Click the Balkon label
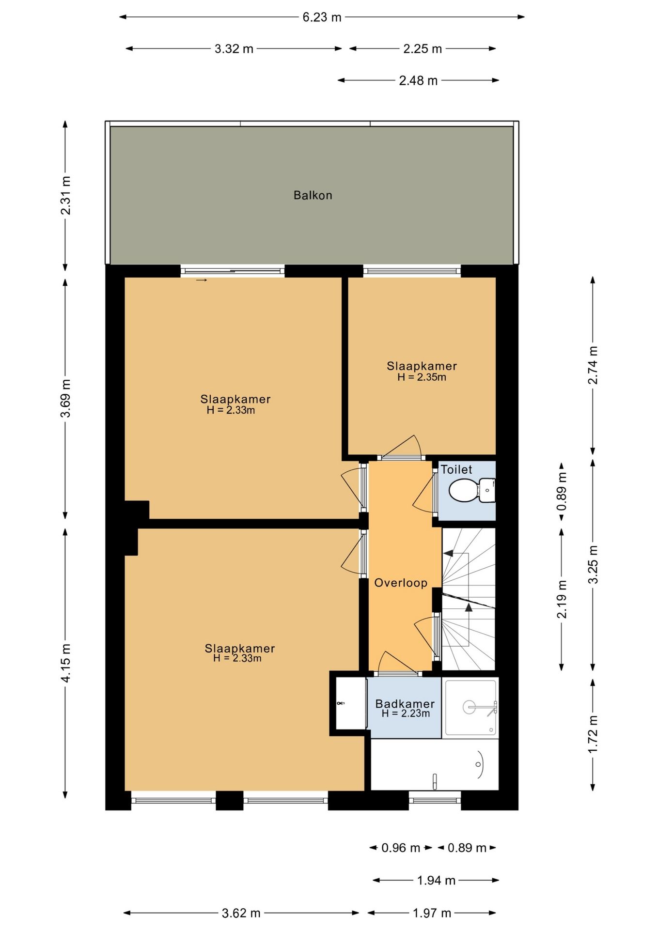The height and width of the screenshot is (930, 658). (313, 195)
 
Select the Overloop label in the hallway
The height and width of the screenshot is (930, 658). (401, 583)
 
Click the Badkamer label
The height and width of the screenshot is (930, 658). (405, 704)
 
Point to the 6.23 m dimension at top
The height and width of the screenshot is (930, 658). (322, 17)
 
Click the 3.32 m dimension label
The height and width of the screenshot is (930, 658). (234, 49)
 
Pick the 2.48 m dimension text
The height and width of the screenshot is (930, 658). (418, 80)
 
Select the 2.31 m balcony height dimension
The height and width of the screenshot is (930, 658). (65, 195)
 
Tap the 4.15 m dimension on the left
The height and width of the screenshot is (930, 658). (65, 663)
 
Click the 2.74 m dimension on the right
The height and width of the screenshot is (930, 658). (593, 365)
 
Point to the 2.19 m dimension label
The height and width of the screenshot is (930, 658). (562, 599)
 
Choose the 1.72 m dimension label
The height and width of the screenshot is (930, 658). (593, 734)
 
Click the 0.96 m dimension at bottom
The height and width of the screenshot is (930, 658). (401, 848)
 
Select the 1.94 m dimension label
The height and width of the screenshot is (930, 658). (436, 880)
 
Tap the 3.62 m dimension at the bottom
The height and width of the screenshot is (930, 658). (241, 913)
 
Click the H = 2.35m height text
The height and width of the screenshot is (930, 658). (422, 377)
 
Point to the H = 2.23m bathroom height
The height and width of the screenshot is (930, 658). (406, 713)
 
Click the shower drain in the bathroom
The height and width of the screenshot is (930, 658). (470, 707)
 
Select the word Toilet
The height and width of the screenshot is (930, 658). (456, 469)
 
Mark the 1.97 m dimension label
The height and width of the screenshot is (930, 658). (432, 913)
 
